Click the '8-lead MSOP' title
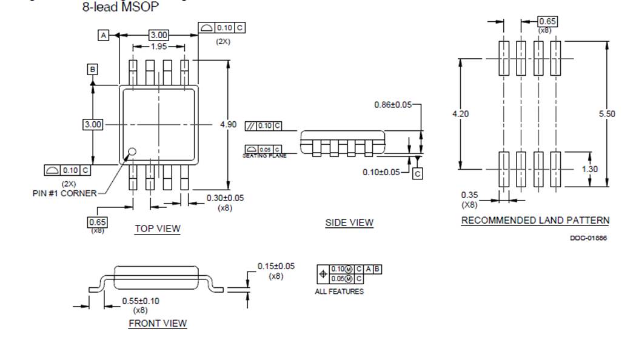pyautogui.click(x=121, y=8)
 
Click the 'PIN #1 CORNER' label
pyautogui.click(x=64, y=193)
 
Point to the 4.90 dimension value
pyautogui.click(x=228, y=124)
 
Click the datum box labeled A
pyautogui.click(x=104, y=36)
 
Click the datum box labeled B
pyautogui.click(x=92, y=69)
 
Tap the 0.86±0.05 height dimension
pyautogui.click(x=392, y=105)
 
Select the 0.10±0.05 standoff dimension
pyautogui.click(x=381, y=172)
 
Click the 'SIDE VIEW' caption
pyautogui.click(x=349, y=222)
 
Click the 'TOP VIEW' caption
pyautogui.click(x=158, y=228)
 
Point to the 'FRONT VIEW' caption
pyautogui.click(x=158, y=323)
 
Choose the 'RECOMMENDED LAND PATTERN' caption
pyautogui.click(x=535, y=221)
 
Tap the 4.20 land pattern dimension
pyautogui.click(x=461, y=114)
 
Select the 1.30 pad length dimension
pyautogui.click(x=590, y=169)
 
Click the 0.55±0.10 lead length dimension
pyautogui.click(x=141, y=301)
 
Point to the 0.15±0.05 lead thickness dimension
pyautogui.click(x=276, y=266)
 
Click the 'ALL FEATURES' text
pyautogui.click(x=340, y=292)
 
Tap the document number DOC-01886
pyautogui.click(x=588, y=238)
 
